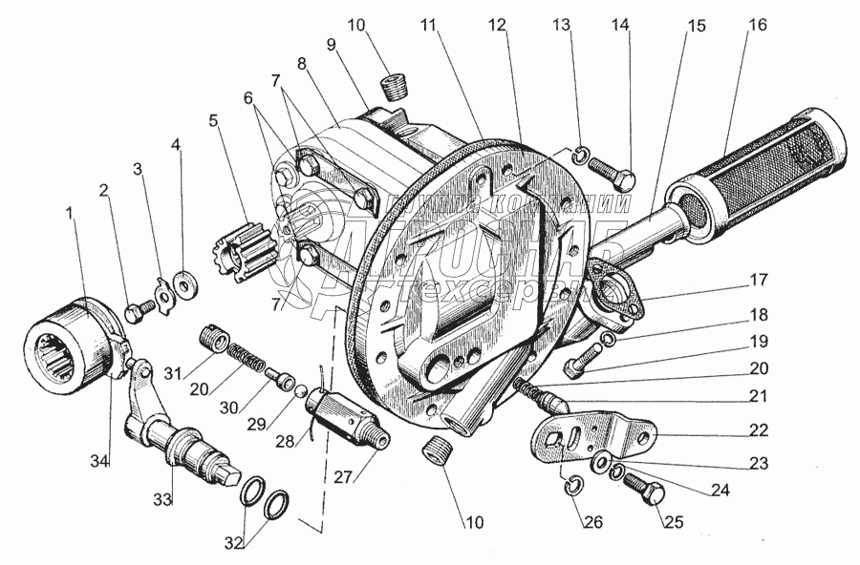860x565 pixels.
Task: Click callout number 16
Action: click(757, 26)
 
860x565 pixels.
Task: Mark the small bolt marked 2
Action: click(137, 310)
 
